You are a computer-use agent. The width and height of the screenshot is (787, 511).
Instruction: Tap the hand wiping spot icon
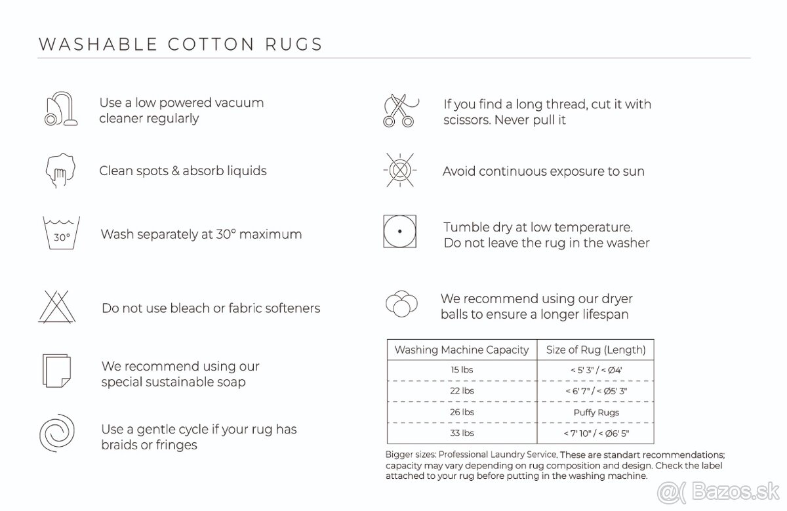pos(61,171)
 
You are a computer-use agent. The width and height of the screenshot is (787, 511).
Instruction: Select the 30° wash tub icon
pos(61,234)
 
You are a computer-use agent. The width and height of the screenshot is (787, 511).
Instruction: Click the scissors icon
pos(399,110)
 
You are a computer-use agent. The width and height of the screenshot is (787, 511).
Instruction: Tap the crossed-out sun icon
pos(399,171)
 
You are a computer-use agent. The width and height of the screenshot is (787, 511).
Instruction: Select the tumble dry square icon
pos(399,232)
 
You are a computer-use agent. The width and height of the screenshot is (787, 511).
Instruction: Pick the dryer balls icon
pos(401,304)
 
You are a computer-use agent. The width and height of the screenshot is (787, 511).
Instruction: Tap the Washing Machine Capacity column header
pos(461,350)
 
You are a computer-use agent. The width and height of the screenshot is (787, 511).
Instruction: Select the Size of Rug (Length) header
pos(595,350)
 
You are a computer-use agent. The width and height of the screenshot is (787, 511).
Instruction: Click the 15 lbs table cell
pos(462,370)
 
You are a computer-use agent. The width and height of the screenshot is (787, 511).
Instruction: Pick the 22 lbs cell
pos(462,391)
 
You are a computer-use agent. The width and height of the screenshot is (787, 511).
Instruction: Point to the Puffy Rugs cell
pos(595,413)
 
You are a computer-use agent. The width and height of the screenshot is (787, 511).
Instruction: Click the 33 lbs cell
pos(462,434)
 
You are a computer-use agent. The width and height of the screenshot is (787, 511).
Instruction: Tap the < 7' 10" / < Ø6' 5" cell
pos(595,434)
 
